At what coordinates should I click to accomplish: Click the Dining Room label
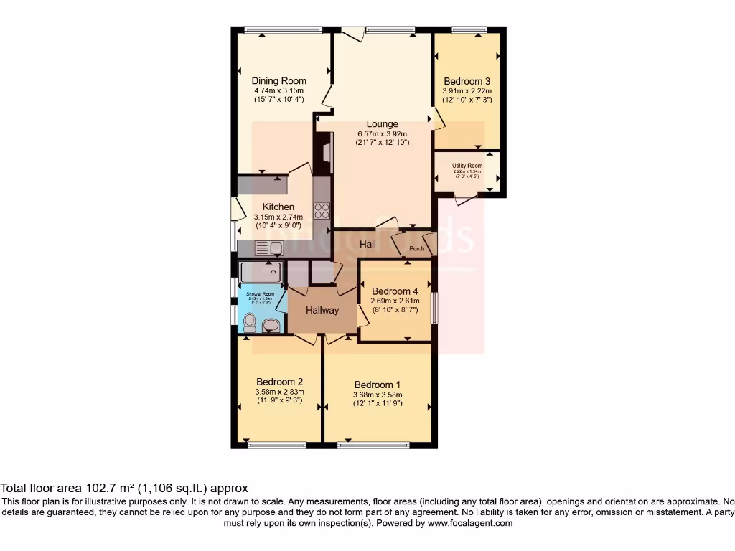coord(278,81)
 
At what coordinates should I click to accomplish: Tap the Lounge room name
coord(382,124)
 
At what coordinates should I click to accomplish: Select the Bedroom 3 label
coord(467,81)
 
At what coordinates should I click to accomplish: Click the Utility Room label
coord(467,165)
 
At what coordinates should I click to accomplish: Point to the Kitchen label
coord(278,207)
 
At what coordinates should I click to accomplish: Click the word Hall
coord(368,245)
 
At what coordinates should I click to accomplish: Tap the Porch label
coord(416,250)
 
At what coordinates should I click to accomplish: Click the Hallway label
coord(322,311)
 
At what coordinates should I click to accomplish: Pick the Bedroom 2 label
coord(279,382)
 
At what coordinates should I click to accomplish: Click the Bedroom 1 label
coord(378,385)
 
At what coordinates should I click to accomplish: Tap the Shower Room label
coord(261,294)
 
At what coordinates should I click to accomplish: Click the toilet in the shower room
coord(249,323)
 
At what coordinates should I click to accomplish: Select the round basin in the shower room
coord(271,326)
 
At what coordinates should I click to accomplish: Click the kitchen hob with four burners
coord(322,211)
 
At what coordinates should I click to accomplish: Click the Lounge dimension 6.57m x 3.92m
coord(382,133)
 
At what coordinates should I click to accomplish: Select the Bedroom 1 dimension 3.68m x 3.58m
coord(378,395)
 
